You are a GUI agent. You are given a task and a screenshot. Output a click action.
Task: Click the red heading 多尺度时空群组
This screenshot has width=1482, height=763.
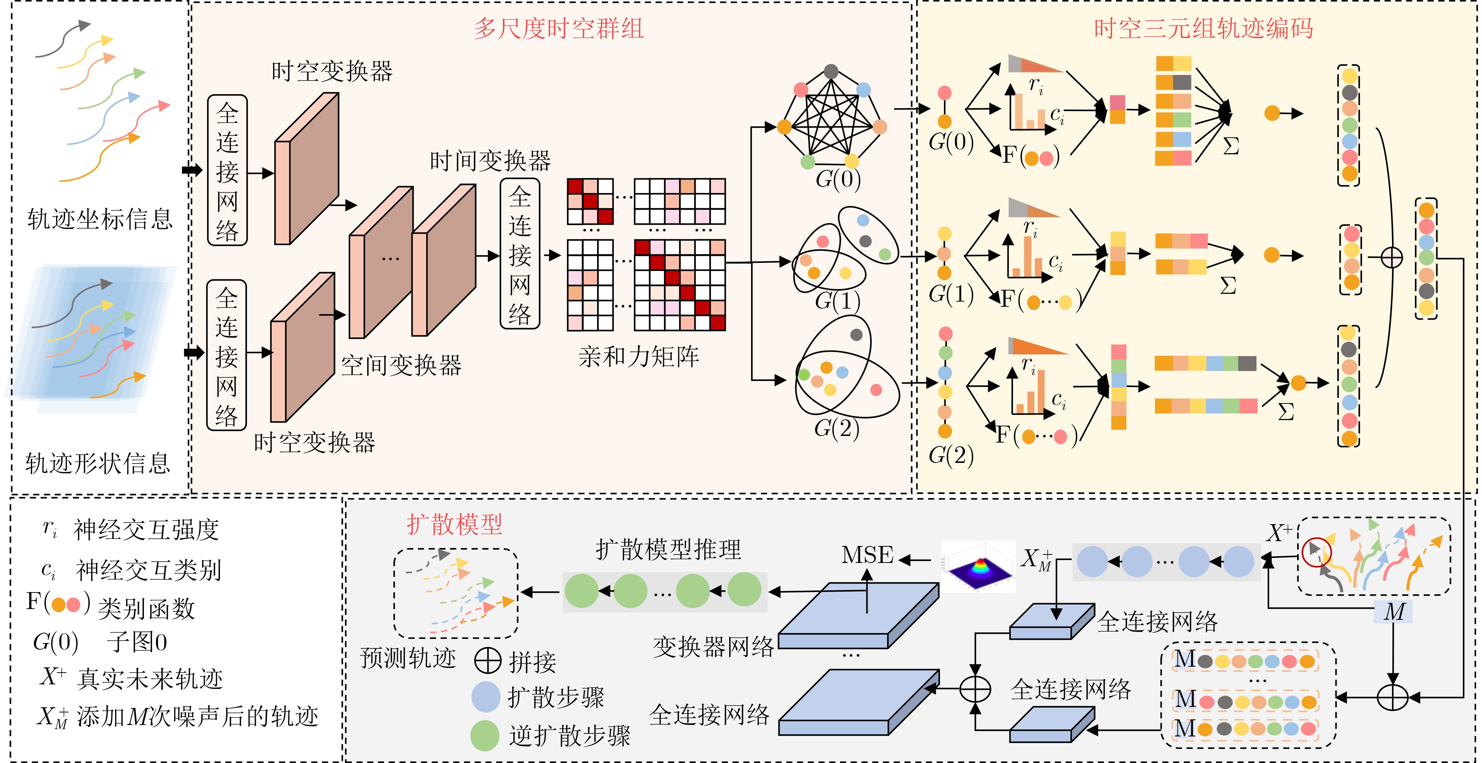[x=558, y=29]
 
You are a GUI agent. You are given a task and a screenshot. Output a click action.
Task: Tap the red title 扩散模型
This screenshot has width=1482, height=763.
[x=455, y=524]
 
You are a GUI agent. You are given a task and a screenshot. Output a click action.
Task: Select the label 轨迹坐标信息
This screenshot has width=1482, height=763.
[x=100, y=219]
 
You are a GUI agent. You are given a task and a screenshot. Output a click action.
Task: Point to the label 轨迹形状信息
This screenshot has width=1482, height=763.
[x=98, y=463]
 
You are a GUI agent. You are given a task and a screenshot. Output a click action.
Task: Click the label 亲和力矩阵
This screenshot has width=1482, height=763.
[x=638, y=357]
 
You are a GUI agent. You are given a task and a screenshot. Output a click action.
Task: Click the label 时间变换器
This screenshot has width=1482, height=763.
[x=490, y=161]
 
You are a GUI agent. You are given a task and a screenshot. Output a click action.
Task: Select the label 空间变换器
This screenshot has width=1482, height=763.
[x=401, y=365]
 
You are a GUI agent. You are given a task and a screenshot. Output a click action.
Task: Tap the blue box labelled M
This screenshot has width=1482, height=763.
[x=1393, y=612]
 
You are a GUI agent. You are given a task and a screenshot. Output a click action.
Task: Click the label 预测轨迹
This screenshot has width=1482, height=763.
[x=408, y=658]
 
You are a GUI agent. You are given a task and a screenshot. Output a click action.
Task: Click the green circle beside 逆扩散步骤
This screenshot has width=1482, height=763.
[x=485, y=735]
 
